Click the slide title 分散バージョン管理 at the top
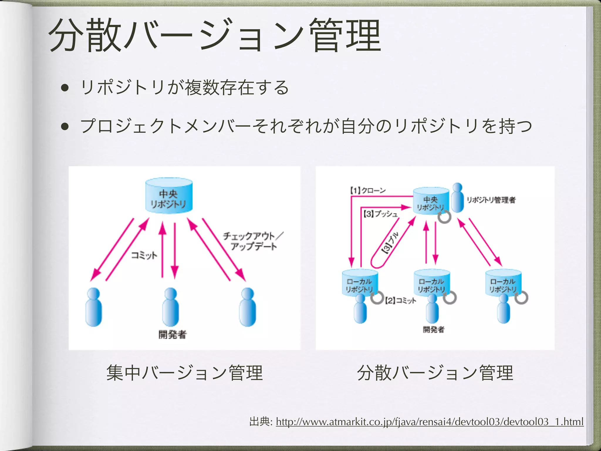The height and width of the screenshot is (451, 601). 214,35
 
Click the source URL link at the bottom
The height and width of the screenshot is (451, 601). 429,422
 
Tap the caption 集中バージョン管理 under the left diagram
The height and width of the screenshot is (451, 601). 184,373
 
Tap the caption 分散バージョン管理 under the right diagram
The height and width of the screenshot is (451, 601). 435,373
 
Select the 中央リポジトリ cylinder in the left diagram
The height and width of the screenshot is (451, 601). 169,196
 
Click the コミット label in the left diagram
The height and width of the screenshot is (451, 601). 144,255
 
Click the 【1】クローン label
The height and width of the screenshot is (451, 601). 368,191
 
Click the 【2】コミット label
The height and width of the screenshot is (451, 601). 400,300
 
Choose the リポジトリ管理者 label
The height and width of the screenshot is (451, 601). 491,200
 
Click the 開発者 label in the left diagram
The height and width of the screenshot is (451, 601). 172,334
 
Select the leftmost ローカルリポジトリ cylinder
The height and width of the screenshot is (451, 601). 360,282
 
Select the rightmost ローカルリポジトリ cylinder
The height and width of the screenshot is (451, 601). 503,282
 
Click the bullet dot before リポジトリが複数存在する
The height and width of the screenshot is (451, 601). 65,88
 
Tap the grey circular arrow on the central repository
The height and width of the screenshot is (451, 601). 444,217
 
